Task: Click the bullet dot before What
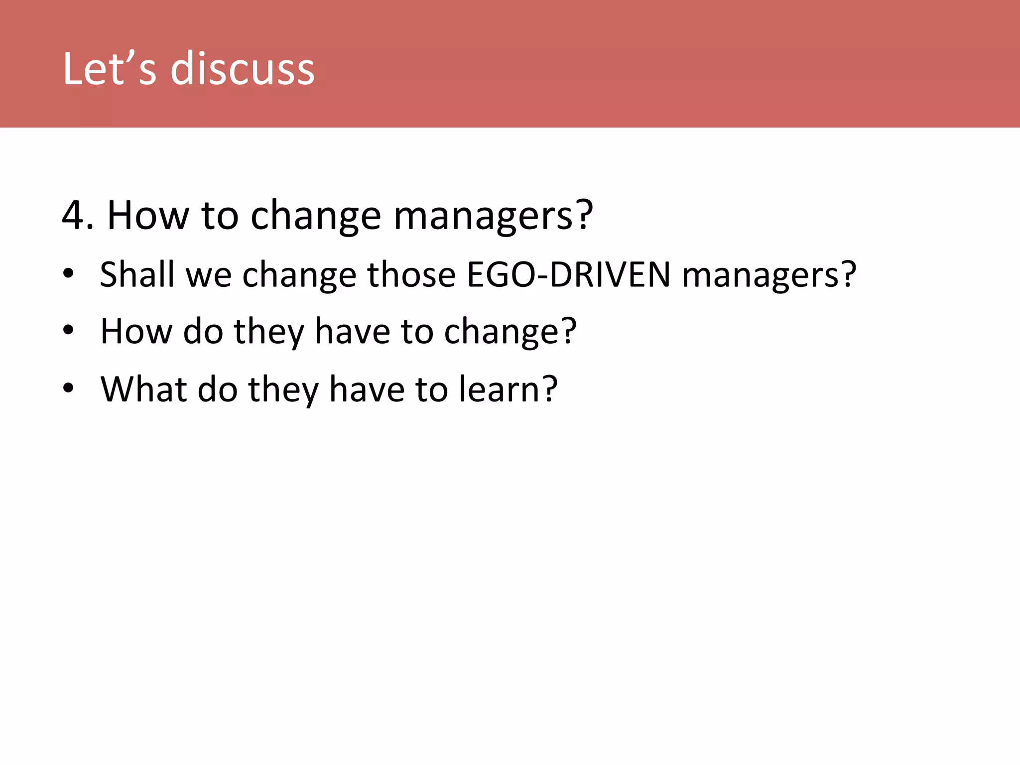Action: coord(68,387)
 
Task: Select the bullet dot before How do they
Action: coord(68,330)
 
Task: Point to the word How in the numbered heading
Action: coord(148,215)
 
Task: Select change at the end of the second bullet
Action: coord(503,332)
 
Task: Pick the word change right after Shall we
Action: coord(299,275)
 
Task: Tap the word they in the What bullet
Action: coord(283,390)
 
